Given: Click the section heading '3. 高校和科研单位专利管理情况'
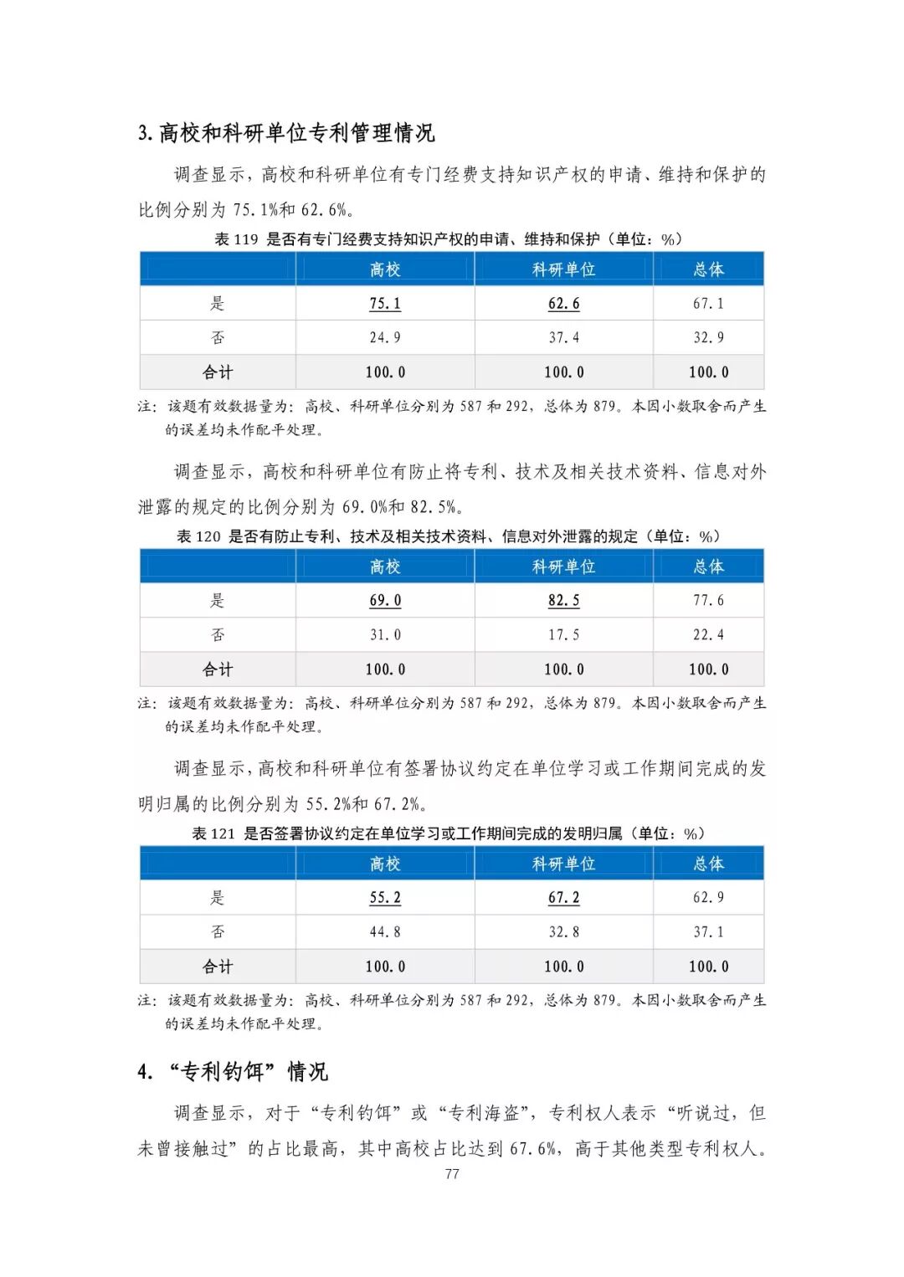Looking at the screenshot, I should click(x=286, y=133).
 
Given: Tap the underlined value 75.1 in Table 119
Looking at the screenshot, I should click(x=385, y=304).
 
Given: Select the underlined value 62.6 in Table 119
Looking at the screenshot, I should click(x=563, y=304).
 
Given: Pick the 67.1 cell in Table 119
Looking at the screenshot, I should click(x=708, y=304).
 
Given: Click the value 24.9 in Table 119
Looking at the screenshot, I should click(x=385, y=338).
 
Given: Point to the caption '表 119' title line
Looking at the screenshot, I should click(x=449, y=239).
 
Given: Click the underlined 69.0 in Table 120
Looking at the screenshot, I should click(x=385, y=601).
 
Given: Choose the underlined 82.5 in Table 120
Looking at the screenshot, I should click(x=563, y=601).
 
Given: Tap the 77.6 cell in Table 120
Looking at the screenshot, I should click(x=708, y=601).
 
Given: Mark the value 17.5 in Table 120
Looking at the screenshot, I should click(x=563, y=635).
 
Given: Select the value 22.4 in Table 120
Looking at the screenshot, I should click(x=708, y=635).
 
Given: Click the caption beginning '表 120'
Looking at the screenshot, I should click(x=449, y=536).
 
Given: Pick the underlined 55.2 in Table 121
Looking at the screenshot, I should click(x=385, y=898).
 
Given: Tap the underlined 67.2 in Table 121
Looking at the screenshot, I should click(x=563, y=898).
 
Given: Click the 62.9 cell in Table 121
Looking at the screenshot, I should click(x=708, y=898).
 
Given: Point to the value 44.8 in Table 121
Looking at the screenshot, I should click(x=385, y=932).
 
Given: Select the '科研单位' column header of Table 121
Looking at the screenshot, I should click(x=563, y=864).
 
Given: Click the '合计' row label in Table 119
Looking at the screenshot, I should click(x=218, y=372).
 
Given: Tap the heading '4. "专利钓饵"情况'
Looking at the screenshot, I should click(x=233, y=1072).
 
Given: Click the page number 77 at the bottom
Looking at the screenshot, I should click(x=452, y=1174).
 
